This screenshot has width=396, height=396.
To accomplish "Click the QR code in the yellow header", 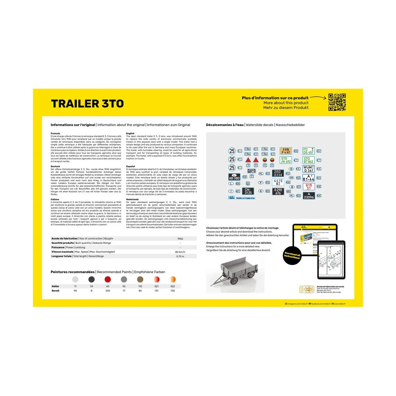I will pos(337,102).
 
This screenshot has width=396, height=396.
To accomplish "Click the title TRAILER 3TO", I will pos(87,104).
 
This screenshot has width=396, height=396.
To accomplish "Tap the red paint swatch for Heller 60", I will pos(108,280).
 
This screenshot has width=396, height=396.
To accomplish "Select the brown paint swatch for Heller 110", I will pos(140,280).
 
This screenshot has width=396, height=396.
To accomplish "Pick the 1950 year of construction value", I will pos(180,239).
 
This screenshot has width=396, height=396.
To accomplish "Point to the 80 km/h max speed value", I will pos(180,252).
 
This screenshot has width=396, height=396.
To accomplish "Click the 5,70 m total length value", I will pos(180,256).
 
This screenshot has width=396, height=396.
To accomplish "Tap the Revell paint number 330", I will pos(108,291).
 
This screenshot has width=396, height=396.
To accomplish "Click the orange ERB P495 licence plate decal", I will pos(286,151).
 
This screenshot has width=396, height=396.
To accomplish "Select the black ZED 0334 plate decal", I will pos(278,173).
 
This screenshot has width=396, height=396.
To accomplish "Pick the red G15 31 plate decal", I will pos(309,186).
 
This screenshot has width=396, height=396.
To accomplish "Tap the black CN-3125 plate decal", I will pos(248,191).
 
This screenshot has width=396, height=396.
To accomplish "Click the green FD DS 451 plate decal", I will pos(308,151).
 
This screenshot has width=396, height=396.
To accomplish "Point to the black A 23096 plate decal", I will pos(309,196).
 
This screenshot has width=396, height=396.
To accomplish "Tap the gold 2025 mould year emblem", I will pos(307,289).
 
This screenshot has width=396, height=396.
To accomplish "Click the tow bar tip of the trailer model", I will pos(212,285).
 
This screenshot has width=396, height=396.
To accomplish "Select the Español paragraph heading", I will pos(130,167).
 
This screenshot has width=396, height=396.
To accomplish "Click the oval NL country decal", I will pos(291,196).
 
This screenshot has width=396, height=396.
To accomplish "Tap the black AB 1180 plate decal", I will pos(234,177).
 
